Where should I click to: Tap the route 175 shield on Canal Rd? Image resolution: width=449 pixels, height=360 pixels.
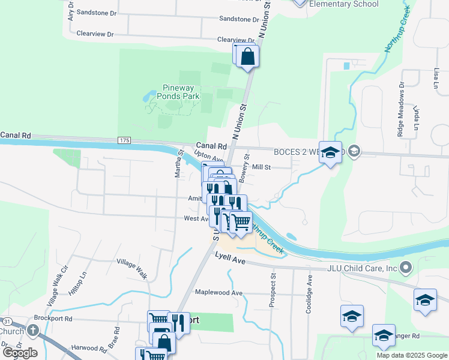[124, 140]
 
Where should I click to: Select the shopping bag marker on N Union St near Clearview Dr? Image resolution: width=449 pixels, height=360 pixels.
[247, 57]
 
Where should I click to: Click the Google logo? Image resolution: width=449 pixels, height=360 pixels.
[20, 352]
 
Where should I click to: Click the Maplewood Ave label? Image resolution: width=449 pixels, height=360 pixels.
[218, 293]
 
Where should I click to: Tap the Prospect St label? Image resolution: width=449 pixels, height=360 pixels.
[273, 291]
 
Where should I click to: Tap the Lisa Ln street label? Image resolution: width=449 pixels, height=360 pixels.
[435, 77]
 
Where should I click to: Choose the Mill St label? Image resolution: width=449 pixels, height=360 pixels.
[262, 167]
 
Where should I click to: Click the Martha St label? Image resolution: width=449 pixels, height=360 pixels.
[178, 165]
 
